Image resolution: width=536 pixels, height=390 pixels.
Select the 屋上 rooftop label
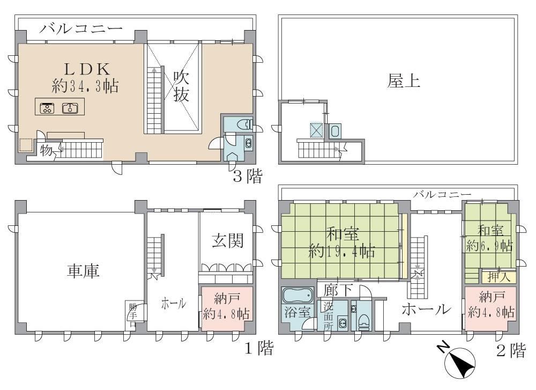404,82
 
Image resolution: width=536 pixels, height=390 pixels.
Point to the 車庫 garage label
83,270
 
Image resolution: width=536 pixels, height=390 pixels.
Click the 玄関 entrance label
227,241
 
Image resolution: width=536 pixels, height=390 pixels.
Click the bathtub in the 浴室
297,295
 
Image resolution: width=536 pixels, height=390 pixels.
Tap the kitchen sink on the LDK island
70,108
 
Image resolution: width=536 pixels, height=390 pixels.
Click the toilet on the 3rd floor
246,124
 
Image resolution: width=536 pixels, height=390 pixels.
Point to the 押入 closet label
498,277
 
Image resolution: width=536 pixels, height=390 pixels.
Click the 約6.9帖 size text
489,246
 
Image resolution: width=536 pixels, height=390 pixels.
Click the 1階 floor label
259,349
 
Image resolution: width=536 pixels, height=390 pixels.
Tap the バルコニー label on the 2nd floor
442,195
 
